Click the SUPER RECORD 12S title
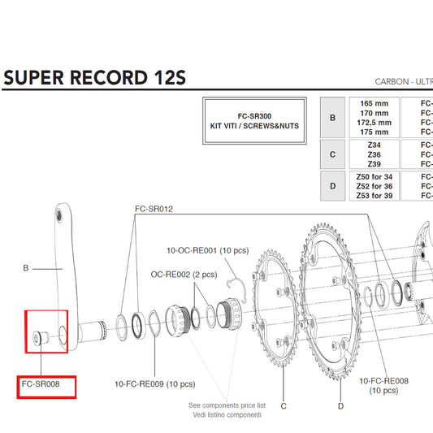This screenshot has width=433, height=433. click(95, 78)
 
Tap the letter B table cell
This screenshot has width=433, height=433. click(331, 117)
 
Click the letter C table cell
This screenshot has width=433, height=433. click(331, 152)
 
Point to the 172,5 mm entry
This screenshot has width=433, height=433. click(374, 123)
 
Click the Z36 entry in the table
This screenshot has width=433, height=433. click(374, 152)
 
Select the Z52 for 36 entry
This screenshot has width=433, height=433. click(374, 186)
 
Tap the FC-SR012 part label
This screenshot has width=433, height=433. click(154, 209)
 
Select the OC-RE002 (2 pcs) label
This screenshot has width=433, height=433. click(184, 275)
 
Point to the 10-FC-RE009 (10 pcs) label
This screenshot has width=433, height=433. click(156, 383)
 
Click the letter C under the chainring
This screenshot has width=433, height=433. click(284, 405)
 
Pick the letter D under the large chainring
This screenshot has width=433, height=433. click(340, 405)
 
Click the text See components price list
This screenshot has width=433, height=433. click(227, 405)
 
